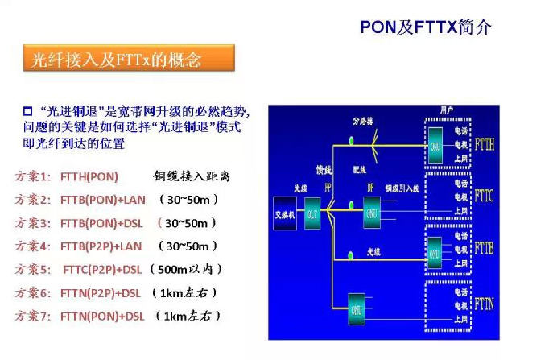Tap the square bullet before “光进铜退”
[27, 109]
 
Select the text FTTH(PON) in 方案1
[89, 176]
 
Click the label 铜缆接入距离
[196, 176]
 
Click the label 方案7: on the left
[33, 317]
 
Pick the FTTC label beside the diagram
[485, 196]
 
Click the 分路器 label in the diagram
[363, 122]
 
